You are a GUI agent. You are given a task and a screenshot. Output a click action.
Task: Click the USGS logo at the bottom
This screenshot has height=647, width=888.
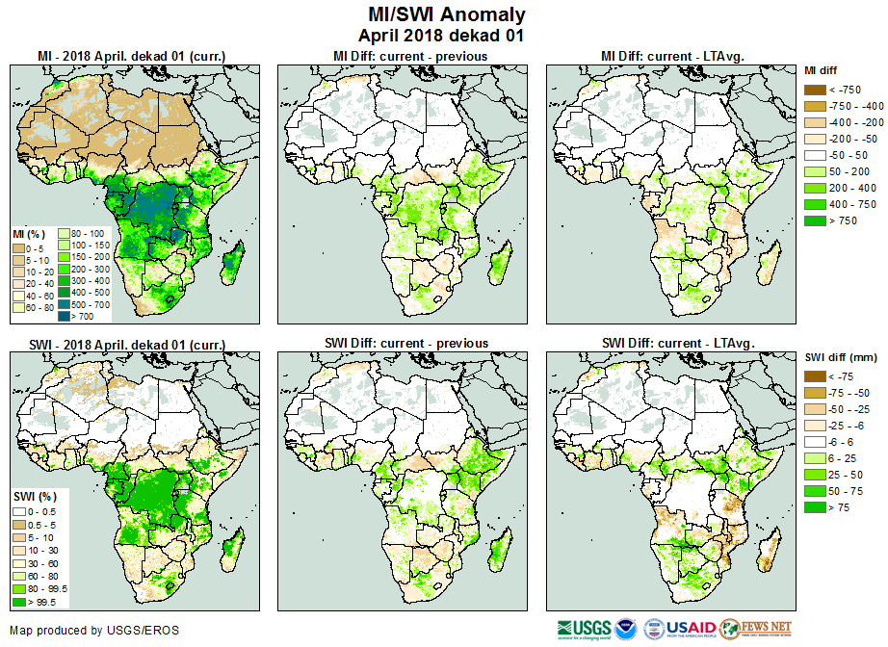click(x=580, y=629)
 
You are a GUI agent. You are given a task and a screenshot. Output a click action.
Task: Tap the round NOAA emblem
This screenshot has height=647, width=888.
click(x=624, y=629)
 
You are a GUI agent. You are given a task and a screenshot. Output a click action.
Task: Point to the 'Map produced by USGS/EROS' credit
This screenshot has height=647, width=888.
click(x=94, y=631)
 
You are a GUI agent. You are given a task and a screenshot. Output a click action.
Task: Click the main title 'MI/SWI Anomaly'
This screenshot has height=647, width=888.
click(x=447, y=14)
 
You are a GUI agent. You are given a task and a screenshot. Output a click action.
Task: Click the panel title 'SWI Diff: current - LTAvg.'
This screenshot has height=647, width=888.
click(x=677, y=343)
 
